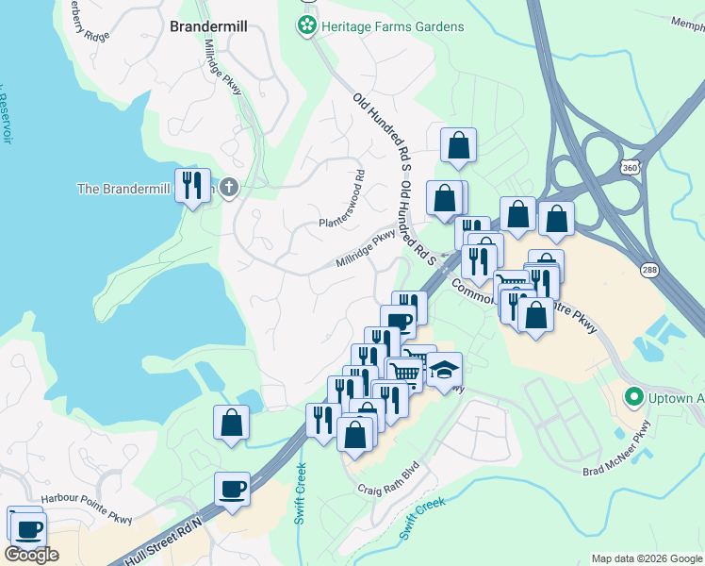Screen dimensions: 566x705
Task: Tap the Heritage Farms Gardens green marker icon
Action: [305, 27]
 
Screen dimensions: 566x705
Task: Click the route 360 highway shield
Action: [629, 167]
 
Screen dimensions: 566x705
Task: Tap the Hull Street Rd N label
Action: [163, 542]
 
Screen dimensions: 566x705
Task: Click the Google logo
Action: [31, 555]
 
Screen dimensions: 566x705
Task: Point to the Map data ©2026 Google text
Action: [647, 558]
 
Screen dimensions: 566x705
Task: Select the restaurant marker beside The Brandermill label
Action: [193, 184]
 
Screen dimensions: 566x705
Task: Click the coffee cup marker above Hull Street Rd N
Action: [232, 489]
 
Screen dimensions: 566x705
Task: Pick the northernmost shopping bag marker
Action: [458, 144]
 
